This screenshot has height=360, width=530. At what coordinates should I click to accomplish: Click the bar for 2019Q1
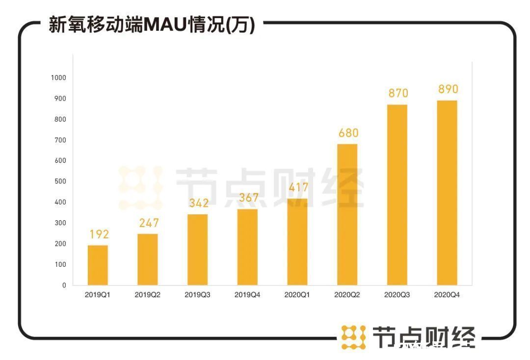pos(98,265)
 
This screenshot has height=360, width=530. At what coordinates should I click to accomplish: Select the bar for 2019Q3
pos(197,250)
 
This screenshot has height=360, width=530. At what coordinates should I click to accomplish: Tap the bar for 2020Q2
pos(347,214)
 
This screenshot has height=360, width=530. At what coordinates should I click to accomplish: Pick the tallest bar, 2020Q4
pos(447,193)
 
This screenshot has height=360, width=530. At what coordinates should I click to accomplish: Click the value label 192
pos(99,234)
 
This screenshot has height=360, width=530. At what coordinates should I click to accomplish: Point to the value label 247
pos(149,223)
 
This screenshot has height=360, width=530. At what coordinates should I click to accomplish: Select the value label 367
pos(248,198)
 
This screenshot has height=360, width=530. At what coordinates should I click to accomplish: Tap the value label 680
pos(348,133)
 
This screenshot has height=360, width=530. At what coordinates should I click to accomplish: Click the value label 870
pos(398,93)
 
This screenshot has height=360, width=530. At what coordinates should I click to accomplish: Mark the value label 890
pos(448,89)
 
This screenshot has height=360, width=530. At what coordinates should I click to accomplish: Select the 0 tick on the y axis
pos(64,285)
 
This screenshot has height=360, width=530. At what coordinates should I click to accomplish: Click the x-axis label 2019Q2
pos(148,295)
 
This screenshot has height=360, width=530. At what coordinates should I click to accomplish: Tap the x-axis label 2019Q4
pos(247,295)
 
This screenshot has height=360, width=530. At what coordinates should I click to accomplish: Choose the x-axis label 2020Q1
pos(297,295)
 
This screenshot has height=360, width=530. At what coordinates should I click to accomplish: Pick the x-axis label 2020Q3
pos(397,295)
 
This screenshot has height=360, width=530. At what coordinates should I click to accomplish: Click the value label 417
pos(298,187)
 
